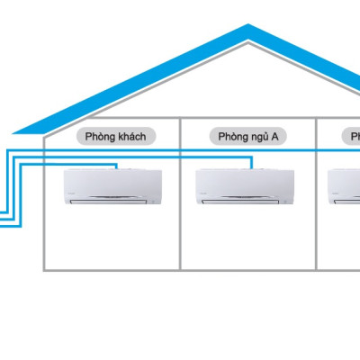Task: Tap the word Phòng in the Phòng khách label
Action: click(102, 137)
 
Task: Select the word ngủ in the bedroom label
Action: click(260, 137)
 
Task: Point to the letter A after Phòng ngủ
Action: click(276, 137)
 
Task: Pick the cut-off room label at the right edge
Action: click(353, 137)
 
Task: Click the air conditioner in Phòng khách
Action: click(112, 186)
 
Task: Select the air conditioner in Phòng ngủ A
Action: click(246, 186)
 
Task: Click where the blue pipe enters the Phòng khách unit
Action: click(118, 168)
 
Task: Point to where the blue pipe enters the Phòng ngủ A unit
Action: click(252, 168)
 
